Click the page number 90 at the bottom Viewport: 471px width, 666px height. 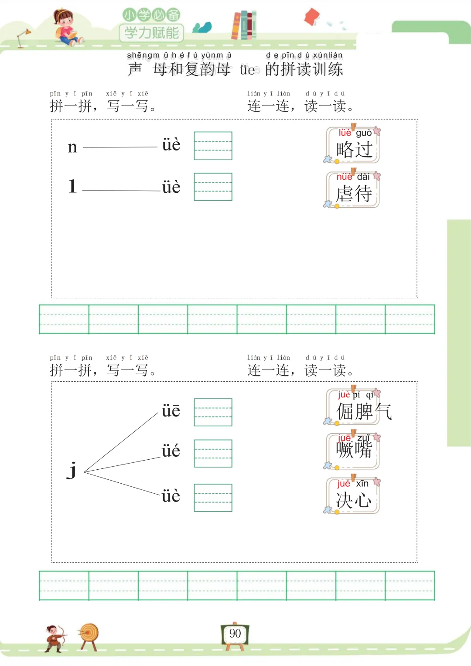pyautogui.click(x=235, y=633)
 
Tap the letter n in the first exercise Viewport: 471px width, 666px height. pyautogui.click(x=72, y=147)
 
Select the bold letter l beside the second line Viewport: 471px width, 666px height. pyautogui.click(x=72, y=186)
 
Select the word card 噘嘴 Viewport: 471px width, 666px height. pyautogui.click(x=353, y=451)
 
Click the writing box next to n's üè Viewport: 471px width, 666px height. pyautogui.click(x=213, y=146)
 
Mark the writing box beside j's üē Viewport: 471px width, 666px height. pyautogui.click(x=213, y=412)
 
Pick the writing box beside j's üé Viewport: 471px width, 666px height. pyautogui.click(x=213, y=454)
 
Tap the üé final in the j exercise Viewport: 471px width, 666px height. pyautogui.click(x=171, y=451)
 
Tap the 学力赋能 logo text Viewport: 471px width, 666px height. pyautogui.click(x=152, y=33)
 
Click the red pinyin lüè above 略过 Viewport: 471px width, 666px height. pyautogui.click(x=345, y=133)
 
